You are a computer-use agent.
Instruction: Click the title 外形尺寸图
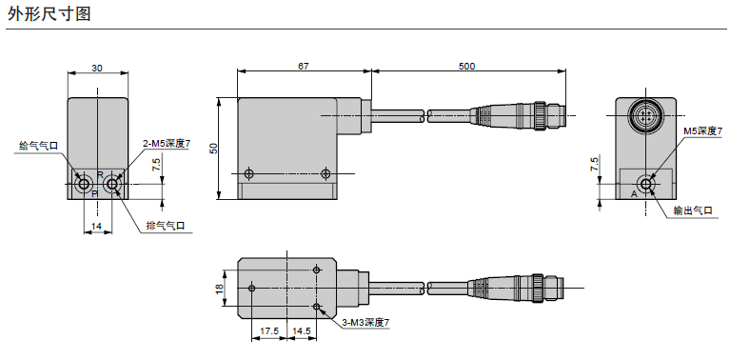click(x=49, y=13)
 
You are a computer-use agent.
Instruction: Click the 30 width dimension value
click(x=97, y=68)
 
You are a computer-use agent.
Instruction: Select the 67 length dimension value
click(x=303, y=66)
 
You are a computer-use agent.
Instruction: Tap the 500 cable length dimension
click(x=467, y=66)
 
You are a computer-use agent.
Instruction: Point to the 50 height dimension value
click(x=214, y=149)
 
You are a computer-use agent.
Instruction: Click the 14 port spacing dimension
click(x=96, y=227)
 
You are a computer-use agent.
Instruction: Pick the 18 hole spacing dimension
click(x=219, y=289)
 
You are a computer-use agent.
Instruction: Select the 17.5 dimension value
click(x=269, y=331)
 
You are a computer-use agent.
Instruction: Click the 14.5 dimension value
click(x=302, y=331)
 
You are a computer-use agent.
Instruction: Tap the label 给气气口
click(x=39, y=147)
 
